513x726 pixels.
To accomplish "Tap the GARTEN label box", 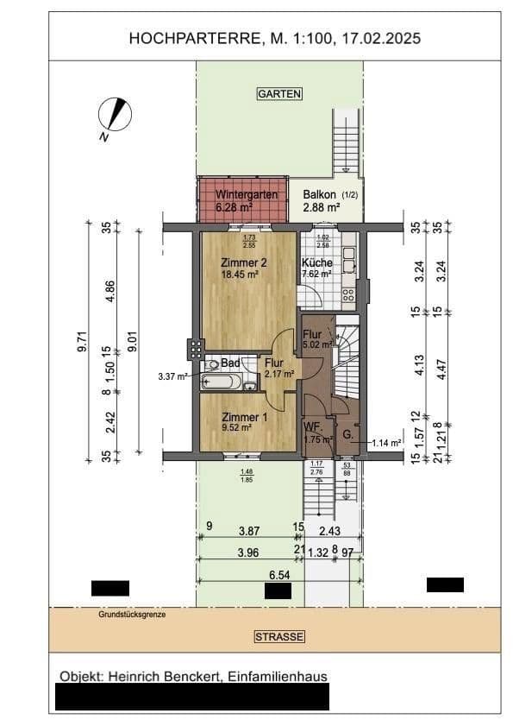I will click(278, 93).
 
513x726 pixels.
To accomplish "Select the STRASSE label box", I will click(279, 637).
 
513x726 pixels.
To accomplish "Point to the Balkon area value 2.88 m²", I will click(321, 207).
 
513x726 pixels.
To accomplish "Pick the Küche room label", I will click(316, 263).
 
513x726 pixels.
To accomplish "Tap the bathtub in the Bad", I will click(222, 382).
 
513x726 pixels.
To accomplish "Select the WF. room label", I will click(311, 428).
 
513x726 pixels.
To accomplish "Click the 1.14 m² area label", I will click(387, 443).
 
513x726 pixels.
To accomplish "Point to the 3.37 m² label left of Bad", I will click(173, 376).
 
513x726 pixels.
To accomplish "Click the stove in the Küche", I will click(349, 294).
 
